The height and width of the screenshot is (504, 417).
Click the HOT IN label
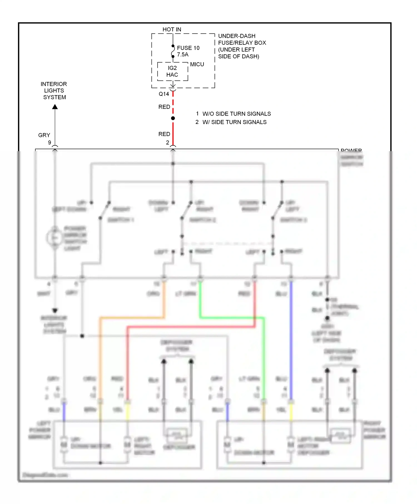[172, 29]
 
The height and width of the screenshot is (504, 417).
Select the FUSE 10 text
[188, 48]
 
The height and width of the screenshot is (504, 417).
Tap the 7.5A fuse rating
[183, 55]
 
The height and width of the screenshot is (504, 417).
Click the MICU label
[197, 64]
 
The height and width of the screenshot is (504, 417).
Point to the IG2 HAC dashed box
[172, 72]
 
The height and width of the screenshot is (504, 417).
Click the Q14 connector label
[164, 94]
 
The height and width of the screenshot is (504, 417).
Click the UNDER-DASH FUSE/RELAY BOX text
[242, 46]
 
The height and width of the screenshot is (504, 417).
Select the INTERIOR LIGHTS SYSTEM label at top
[54, 91]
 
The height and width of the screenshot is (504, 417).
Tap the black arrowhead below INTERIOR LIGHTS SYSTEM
[55, 107]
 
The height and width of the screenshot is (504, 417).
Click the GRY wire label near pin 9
[44, 135]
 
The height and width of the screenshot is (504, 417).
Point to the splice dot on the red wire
[173, 118]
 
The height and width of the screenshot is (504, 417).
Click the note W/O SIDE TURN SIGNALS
[236, 114]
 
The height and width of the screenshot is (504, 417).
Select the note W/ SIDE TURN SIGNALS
[234, 122]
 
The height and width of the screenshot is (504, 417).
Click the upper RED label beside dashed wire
[164, 107]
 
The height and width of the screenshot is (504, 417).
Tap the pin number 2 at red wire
[167, 143]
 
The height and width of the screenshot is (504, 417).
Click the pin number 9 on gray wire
[49, 143]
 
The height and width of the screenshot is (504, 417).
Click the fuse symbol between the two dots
[173, 51]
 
